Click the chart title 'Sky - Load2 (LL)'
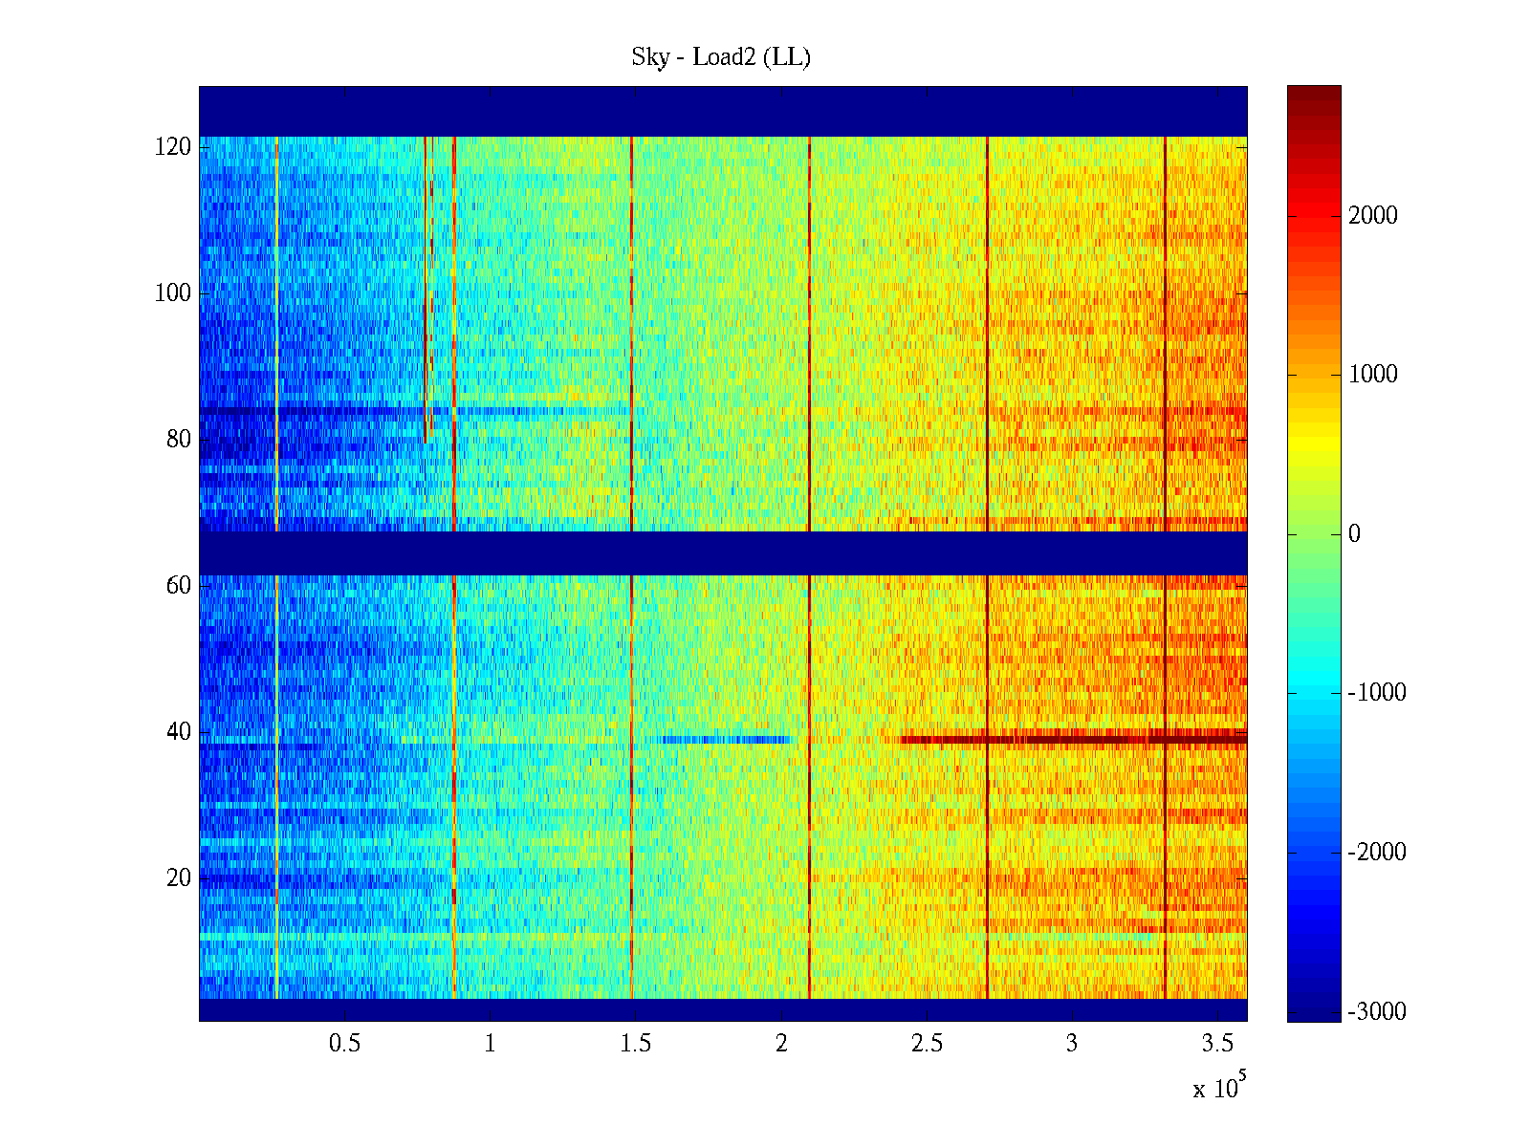[721, 57]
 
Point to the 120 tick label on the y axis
[173, 147]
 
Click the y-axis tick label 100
[173, 293]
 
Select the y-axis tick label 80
[179, 440]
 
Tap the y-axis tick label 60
[179, 586]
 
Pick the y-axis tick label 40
[179, 732]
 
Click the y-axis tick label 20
[179, 878]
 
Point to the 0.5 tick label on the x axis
[344, 1044]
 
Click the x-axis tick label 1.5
[635, 1044]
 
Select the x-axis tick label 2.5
[927, 1044]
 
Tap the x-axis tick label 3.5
[1217, 1044]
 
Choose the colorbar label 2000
[1373, 216]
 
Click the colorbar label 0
[1354, 534]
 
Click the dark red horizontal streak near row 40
[1071, 739]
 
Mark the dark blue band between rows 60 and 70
[723, 553]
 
